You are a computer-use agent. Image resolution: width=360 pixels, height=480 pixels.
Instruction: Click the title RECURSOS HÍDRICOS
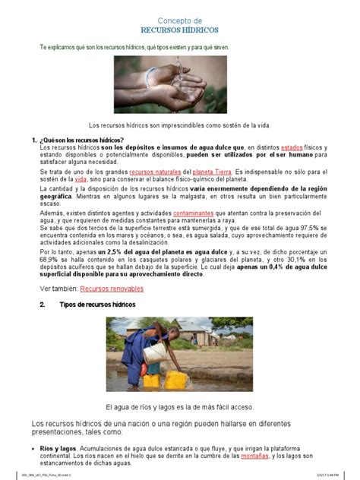(179, 30)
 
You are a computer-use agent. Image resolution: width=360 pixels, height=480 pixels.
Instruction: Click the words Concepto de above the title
(179, 19)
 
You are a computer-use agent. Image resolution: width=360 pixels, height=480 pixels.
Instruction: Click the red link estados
(292, 147)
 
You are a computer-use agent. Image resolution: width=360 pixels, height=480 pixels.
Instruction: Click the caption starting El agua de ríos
(179, 406)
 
